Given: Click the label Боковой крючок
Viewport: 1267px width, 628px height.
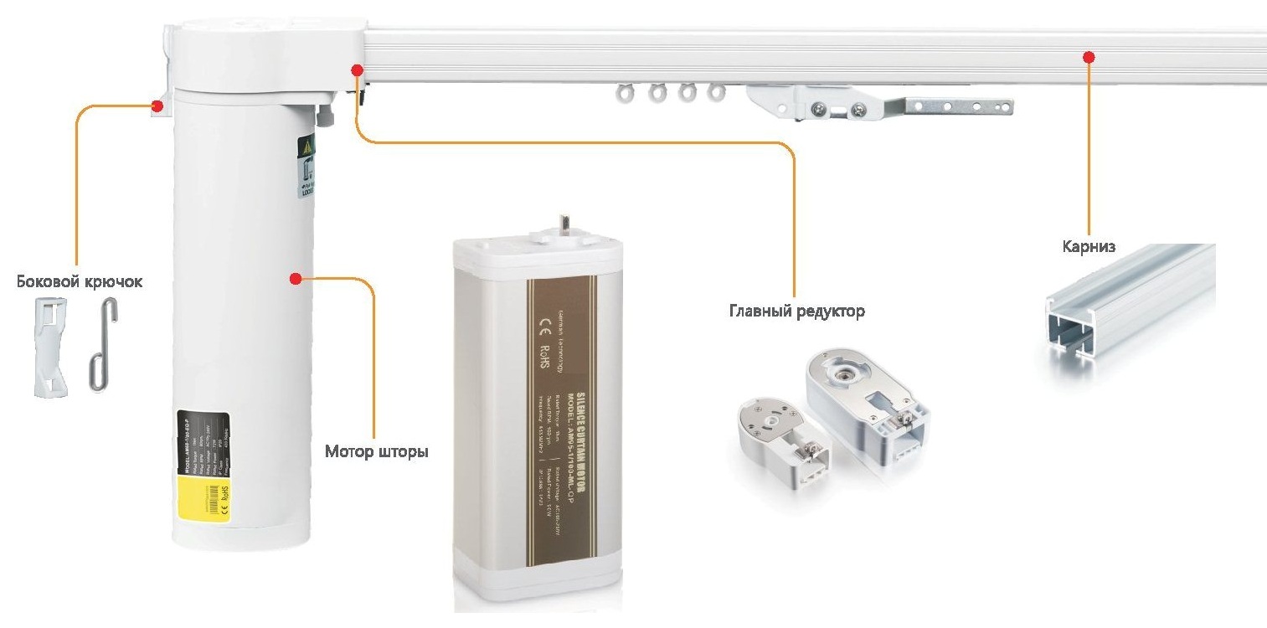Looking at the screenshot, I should [x=80, y=281].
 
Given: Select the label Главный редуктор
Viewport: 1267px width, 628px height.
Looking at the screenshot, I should [x=796, y=311].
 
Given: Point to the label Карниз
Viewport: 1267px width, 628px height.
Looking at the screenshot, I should [x=1089, y=247].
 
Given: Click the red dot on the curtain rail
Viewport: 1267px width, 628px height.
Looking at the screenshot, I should [x=1089, y=57].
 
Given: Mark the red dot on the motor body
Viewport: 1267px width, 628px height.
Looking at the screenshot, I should [x=295, y=278].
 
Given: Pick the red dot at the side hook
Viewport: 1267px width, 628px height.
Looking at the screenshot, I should [x=157, y=106].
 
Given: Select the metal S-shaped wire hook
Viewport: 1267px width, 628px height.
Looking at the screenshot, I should [x=100, y=345].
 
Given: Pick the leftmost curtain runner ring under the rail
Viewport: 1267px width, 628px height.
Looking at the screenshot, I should [x=625, y=93].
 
